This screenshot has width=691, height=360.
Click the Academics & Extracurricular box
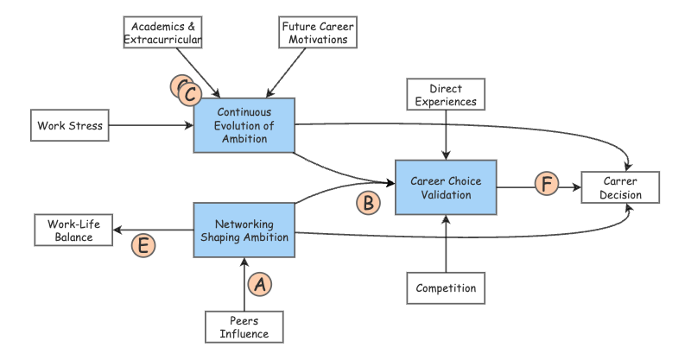[162, 33]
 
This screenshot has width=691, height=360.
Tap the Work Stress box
[70, 126]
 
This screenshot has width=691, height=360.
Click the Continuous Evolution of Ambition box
[244, 126]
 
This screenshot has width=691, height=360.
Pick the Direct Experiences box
[446, 95]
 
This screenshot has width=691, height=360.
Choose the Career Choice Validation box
[446, 187]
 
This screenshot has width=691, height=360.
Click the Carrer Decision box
[622, 188]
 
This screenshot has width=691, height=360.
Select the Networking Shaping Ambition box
[244, 230]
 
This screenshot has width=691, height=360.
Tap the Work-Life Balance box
[74, 230]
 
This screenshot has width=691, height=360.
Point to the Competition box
[446, 287]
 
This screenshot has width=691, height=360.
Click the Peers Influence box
[244, 327]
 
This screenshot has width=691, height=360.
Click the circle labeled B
[368, 203]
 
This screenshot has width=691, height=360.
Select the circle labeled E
[143, 245]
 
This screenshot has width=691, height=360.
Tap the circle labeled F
[546, 183]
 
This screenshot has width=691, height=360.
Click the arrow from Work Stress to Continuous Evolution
[151, 126]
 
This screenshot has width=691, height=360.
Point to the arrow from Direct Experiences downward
[446, 134]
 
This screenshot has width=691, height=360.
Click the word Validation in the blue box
[446, 195]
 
